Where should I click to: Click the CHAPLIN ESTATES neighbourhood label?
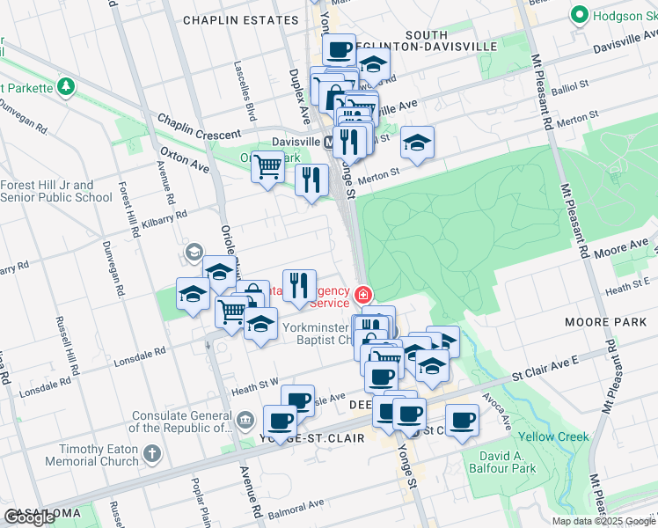(240, 19)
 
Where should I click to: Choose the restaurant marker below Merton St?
(311, 180)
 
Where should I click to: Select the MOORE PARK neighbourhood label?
(606, 322)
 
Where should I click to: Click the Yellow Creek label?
(553, 436)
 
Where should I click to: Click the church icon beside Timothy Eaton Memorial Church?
(152, 454)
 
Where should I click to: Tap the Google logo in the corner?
(30, 517)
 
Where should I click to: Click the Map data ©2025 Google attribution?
(603, 521)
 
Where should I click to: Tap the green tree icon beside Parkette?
(65, 86)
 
